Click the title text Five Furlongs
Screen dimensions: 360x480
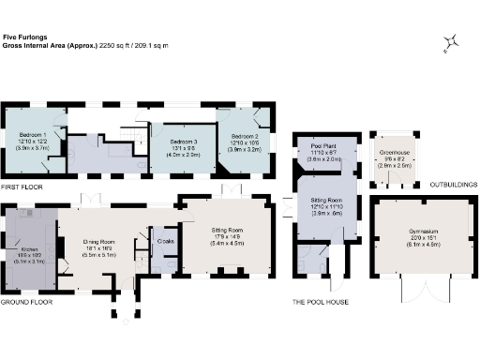coord(22,37)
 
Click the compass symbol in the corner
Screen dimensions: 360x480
coord(452,41)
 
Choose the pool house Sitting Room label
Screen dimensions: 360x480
coord(325,205)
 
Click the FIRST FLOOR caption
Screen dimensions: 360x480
coord(22,187)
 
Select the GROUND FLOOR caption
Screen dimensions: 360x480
coord(25,303)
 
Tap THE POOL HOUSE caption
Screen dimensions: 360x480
coord(321,303)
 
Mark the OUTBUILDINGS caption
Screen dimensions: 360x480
coord(453,185)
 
